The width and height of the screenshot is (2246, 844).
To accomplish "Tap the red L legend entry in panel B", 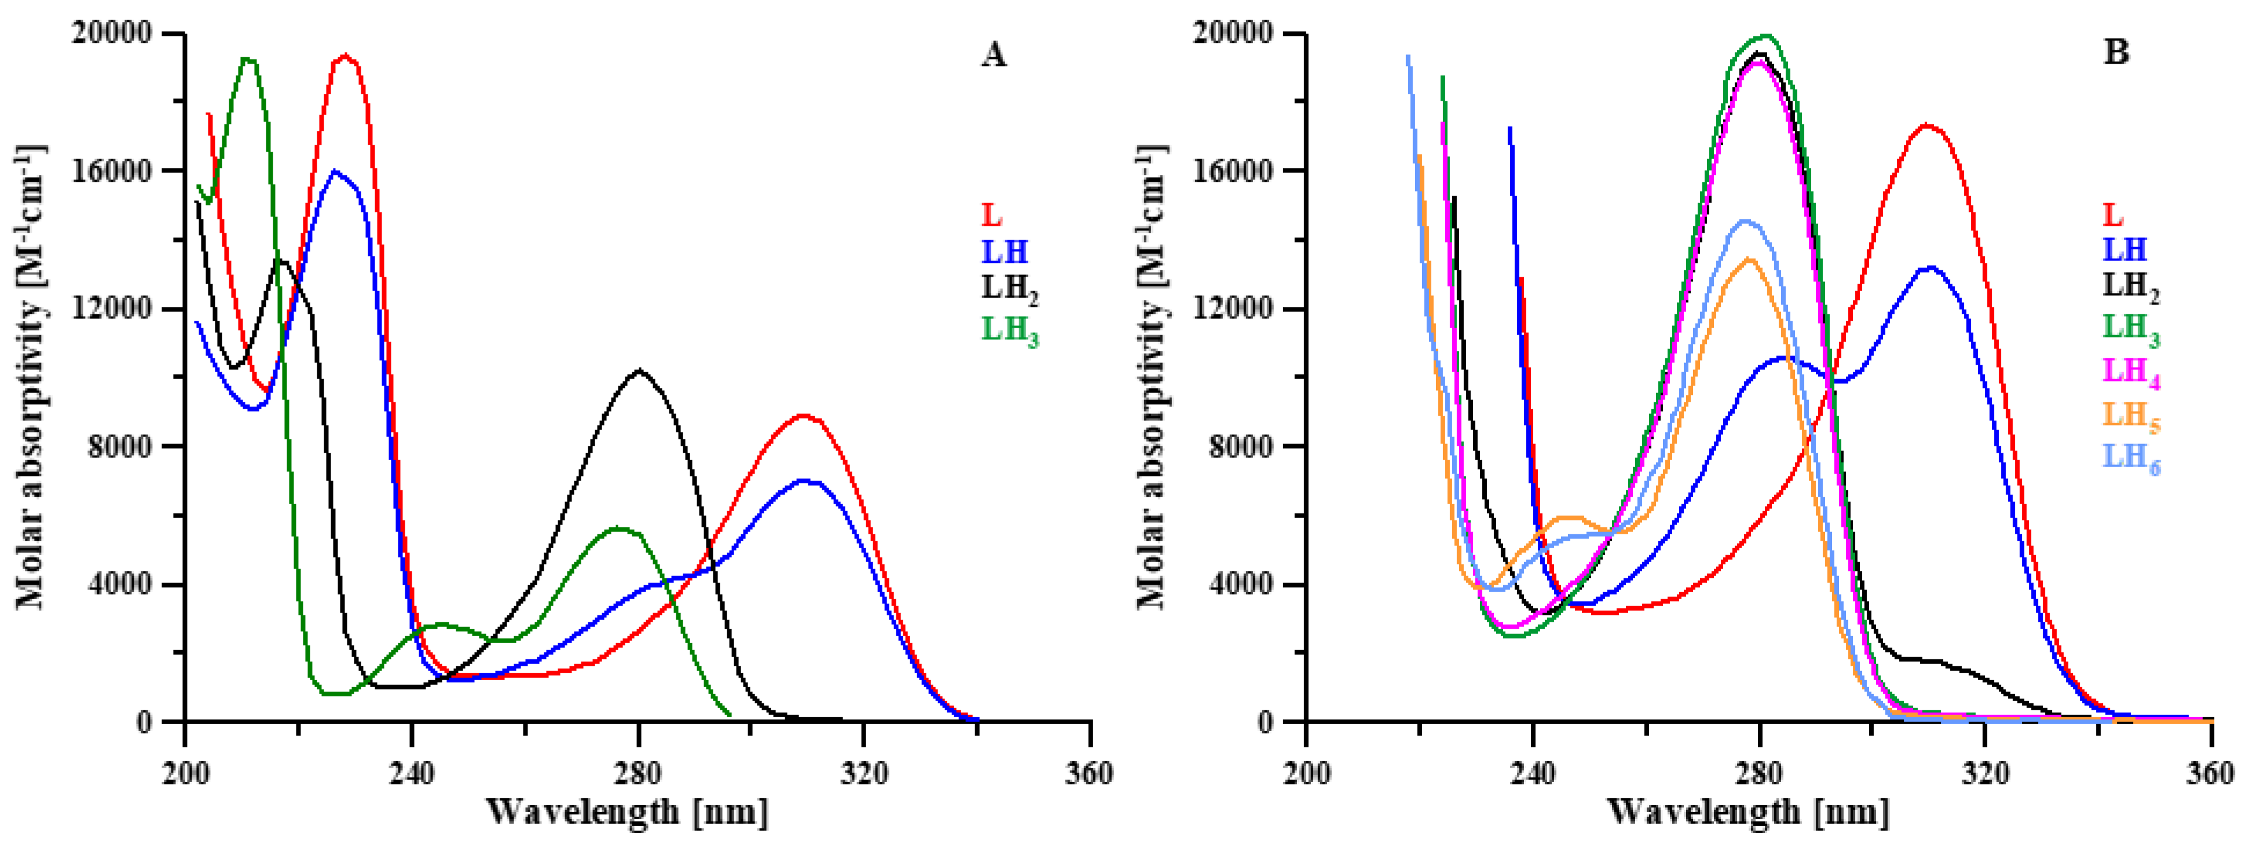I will [2113, 215].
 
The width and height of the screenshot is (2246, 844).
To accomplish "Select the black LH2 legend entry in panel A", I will [1010, 288].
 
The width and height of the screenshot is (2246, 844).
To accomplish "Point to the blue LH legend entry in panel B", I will [2126, 249].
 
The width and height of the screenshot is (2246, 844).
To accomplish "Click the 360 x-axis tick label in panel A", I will [1090, 772].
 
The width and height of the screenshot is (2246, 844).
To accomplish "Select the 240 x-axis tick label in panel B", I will [1532, 772].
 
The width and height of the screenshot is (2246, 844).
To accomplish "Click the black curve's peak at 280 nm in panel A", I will [639, 370].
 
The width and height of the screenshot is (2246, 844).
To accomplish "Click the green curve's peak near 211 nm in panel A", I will [247, 58].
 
